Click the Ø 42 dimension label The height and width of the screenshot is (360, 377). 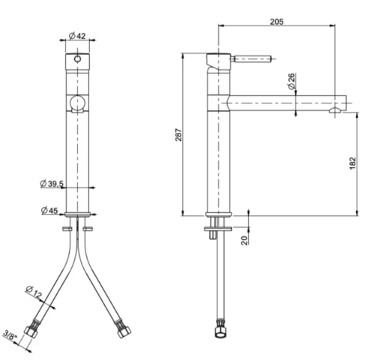click(x=79, y=35)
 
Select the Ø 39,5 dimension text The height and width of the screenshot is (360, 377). click(x=52, y=184)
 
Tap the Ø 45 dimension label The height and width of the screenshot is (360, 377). click(x=49, y=210)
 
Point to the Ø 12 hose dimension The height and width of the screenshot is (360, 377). click(x=34, y=290)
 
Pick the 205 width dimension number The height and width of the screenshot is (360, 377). click(x=275, y=22)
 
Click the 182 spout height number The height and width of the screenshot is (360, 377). click(x=352, y=164)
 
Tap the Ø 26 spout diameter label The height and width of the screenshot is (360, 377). click(x=291, y=79)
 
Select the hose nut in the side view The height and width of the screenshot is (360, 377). click(x=219, y=328)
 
